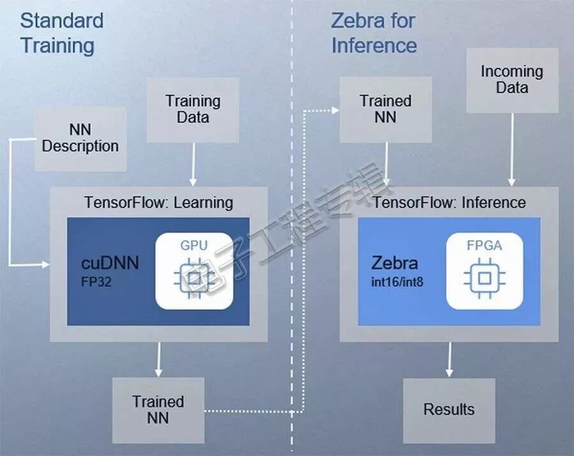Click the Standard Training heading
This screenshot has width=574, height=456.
[61, 32]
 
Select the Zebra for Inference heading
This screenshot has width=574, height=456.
[374, 32]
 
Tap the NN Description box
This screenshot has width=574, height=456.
[80, 138]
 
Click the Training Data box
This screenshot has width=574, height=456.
[193, 109]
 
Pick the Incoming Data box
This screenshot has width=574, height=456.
[511, 80]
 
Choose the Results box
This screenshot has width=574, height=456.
[449, 409]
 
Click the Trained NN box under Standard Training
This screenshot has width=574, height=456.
[158, 410]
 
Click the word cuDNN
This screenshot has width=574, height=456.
[110, 262]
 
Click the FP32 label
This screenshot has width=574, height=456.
[96, 281]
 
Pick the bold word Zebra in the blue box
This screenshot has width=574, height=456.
[395, 263]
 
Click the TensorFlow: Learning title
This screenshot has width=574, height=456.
[159, 203]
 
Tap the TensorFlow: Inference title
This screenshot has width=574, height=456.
[450, 203]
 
